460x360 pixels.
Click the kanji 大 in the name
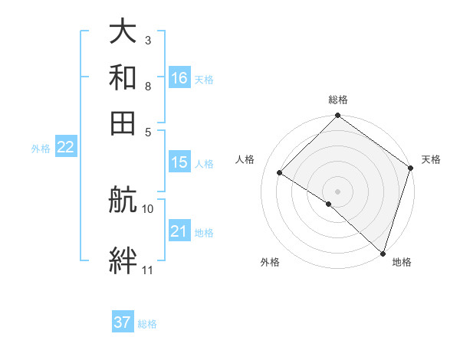tap(123, 32)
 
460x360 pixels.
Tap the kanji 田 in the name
tap(123, 122)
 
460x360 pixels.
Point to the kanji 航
tap(123, 201)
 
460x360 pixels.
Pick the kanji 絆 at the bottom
tap(123, 261)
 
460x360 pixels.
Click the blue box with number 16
tap(179, 77)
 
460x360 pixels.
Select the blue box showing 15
tap(179, 162)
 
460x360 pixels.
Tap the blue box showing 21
tap(179, 231)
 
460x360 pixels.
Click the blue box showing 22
tap(65, 148)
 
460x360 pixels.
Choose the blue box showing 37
tap(123, 322)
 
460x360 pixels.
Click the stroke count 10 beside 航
tap(148, 208)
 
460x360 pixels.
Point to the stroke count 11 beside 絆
tap(148, 270)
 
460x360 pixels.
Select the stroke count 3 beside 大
tap(148, 40)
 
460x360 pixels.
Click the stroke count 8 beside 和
tap(148, 86)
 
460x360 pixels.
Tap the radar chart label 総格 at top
tap(337, 100)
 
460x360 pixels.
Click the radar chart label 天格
tap(431, 159)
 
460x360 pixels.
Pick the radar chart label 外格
tap(270, 263)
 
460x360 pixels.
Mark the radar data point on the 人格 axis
tap(280, 173)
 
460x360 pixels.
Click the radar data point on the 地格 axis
tap(383, 253)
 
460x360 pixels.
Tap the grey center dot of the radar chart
tap(337, 191)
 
